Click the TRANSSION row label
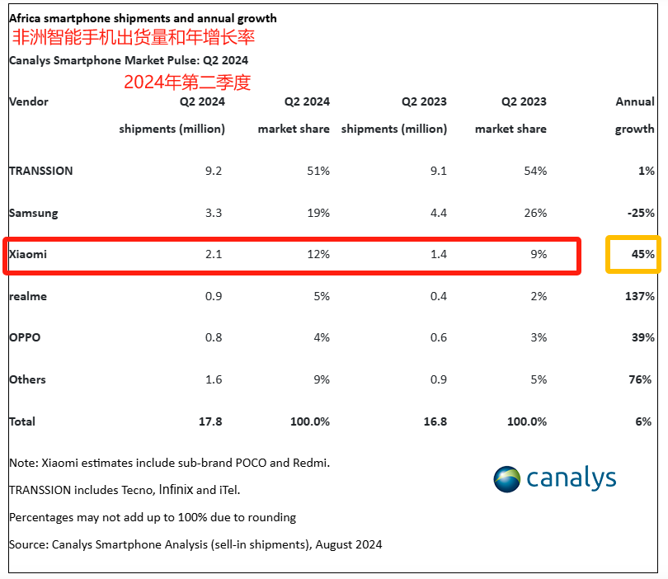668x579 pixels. pyautogui.click(x=40, y=171)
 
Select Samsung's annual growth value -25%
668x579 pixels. pyautogui.click(x=640, y=213)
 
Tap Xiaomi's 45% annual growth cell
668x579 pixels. pyautogui.click(x=642, y=255)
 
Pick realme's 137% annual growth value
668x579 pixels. pyautogui.click(x=639, y=296)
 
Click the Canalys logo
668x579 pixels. pyautogui.click(x=554, y=478)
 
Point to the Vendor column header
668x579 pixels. pyautogui.click(x=29, y=101)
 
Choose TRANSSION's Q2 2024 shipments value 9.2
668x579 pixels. pyautogui.click(x=214, y=171)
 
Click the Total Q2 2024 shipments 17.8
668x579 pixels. pyautogui.click(x=210, y=421)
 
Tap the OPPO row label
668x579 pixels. pyautogui.click(x=25, y=337)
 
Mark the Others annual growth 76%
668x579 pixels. pyautogui.click(x=642, y=379)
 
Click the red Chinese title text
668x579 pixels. pyautogui.click(x=133, y=38)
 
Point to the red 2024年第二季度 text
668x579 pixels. pyautogui.click(x=186, y=82)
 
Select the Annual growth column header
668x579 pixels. pyautogui.click(x=635, y=115)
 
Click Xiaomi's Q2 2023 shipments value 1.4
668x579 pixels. pyautogui.click(x=438, y=254)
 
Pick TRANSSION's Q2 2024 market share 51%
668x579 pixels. pyautogui.click(x=318, y=171)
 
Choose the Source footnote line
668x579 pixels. pyautogui.click(x=195, y=544)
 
